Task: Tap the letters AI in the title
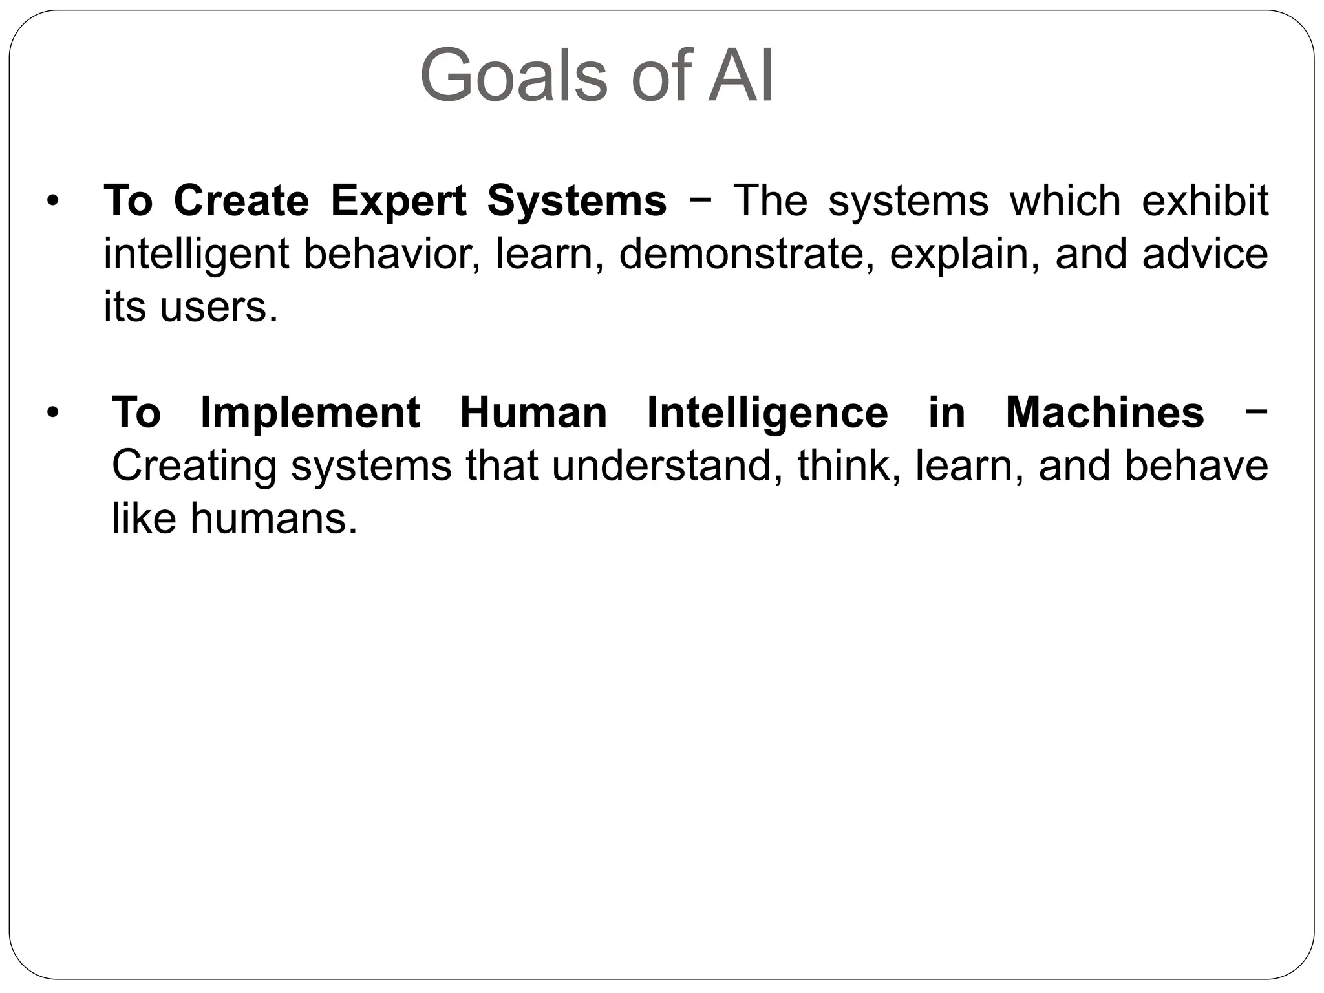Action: [741, 76]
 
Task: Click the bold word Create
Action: [242, 200]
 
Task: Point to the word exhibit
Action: [1204, 200]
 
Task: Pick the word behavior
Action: [392, 254]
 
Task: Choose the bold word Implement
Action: [310, 412]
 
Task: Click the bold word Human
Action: [533, 412]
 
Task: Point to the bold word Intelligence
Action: [767, 414]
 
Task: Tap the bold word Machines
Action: [1105, 412]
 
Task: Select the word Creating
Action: [195, 467]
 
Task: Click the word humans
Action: [273, 518]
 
